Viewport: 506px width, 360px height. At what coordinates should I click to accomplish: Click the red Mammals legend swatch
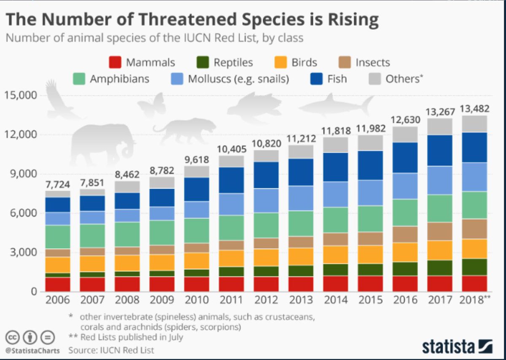pyautogui.click(x=116, y=62)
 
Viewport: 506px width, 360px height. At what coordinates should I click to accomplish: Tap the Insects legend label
pyautogui.click(x=372, y=63)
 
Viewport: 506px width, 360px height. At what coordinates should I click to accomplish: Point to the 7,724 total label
pyautogui.click(x=58, y=184)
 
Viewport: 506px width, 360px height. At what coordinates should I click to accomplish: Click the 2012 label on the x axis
pyautogui.click(x=266, y=300)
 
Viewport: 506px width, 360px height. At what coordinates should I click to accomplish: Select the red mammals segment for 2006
pyautogui.click(x=58, y=284)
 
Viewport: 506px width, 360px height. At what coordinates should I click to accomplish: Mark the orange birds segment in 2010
pyautogui.click(x=197, y=261)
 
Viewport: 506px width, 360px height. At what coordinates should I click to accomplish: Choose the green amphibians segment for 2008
pyautogui.click(x=127, y=234)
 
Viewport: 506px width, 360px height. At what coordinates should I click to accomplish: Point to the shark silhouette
pyautogui.click(x=337, y=105)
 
